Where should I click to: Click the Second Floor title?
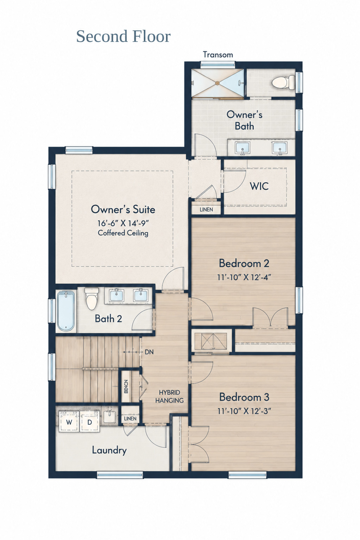tap(123, 36)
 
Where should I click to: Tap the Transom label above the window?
tap(218, 55)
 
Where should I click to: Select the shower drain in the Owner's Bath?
tap(217, 83)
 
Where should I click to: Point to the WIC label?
tap(259, 186)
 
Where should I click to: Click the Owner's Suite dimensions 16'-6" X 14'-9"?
tap(123, 223)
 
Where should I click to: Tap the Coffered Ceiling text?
tap(123, 233)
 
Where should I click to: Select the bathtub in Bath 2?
tap(66, 311)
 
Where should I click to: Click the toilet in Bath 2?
tap(92, 298)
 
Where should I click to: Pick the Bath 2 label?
tap(108, 318)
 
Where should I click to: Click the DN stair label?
tap(149, 352)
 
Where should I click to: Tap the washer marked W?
tap(69, 422)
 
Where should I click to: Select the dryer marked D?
tap(90, 422)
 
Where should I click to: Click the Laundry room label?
tap(109, 451)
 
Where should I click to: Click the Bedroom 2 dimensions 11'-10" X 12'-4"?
tap(244, 277)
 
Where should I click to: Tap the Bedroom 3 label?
tap(244, 397)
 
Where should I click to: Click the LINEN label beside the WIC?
tap(206, 210)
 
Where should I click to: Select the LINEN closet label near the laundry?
tap(130, 419)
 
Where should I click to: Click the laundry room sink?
tap(110, 417)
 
